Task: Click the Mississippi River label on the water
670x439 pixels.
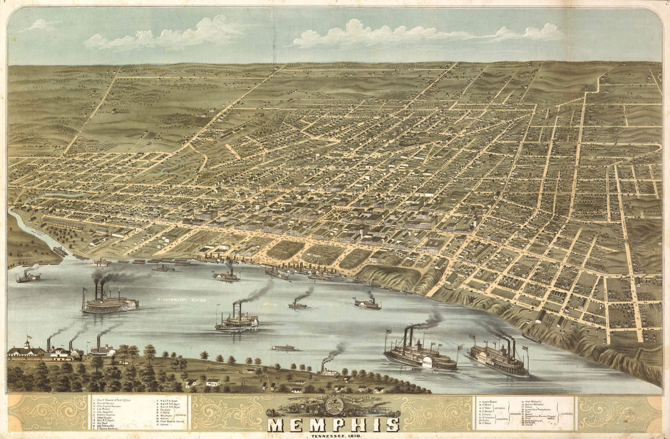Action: click(x=181, y=300)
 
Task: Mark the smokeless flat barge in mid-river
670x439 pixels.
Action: click(x=285, y=348)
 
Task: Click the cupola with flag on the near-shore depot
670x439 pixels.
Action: click(x=27, y=344)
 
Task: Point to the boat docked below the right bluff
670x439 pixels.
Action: click(x=531, y=337)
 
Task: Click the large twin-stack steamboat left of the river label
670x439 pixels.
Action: click(x=107, y=302)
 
